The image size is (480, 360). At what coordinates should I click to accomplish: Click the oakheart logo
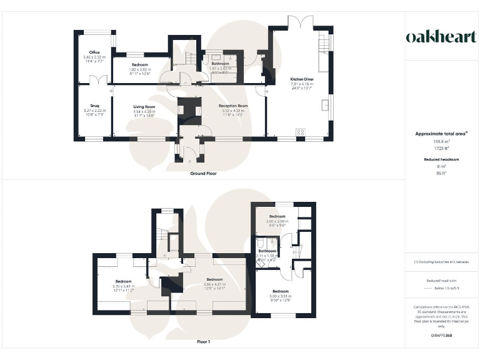(x=442, y=37)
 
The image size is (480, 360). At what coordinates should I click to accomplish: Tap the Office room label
(x=94, y=52)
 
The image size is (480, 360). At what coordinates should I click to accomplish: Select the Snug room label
(x=94, y=106)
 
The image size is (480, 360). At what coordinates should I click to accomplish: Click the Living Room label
(x=144, y=107)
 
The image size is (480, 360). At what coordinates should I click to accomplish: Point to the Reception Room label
(x=233, y=106)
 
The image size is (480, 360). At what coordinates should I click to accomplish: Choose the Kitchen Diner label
(x=301, y=79)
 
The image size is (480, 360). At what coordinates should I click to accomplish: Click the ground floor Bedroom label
(x=139, y=65)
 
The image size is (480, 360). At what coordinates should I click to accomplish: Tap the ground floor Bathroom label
(x=221, y=63)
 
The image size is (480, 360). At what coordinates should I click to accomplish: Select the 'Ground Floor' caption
(x=203, y=173)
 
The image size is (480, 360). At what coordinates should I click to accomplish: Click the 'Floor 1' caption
(x=203, y=342)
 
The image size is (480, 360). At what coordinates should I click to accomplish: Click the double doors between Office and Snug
(x=94, y=80)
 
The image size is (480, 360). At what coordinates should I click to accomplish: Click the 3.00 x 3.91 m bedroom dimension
(x=281, y=296)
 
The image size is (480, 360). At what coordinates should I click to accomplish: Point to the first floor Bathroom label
(x=267, y=251)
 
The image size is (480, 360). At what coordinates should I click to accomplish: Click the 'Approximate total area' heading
(x=442, y=134)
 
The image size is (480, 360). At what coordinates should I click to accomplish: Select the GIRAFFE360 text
(x=442, y=336)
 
